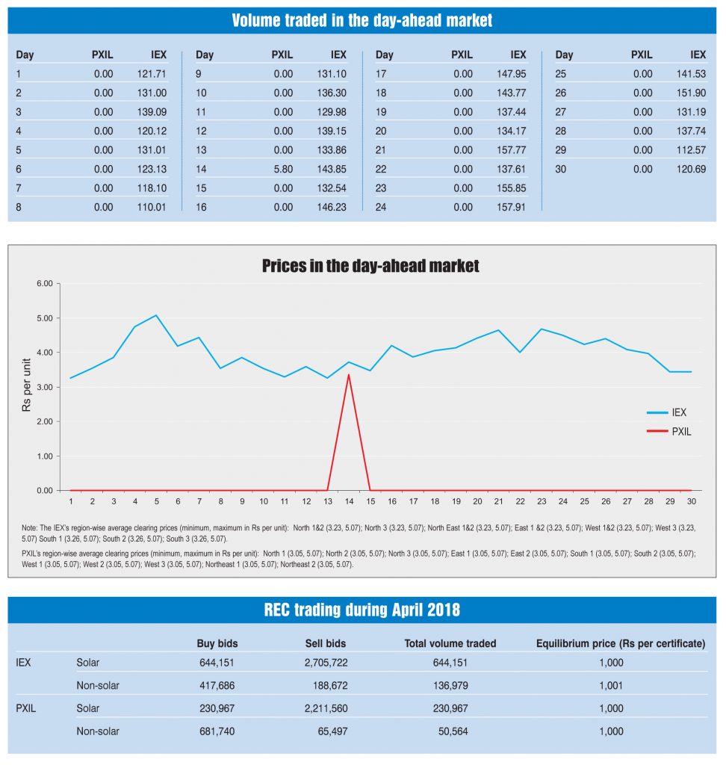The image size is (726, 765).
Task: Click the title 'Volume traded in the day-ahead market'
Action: [x=362, y=20]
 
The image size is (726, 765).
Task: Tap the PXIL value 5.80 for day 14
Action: [x=283, y=169]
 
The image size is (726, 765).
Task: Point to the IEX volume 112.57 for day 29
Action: [x=691, y=150]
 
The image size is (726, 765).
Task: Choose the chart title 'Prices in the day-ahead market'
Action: [x=370, y=266]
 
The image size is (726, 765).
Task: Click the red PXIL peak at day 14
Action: [x=349, y=374]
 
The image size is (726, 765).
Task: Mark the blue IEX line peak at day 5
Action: [x=156, y=315]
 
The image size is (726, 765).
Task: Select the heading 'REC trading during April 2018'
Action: [x=362, y=610]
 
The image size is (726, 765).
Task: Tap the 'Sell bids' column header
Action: [x=326, y=643]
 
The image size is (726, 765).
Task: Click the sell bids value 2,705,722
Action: [x=326, y=662]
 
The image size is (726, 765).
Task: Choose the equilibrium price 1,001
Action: [x=610, y=685]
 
